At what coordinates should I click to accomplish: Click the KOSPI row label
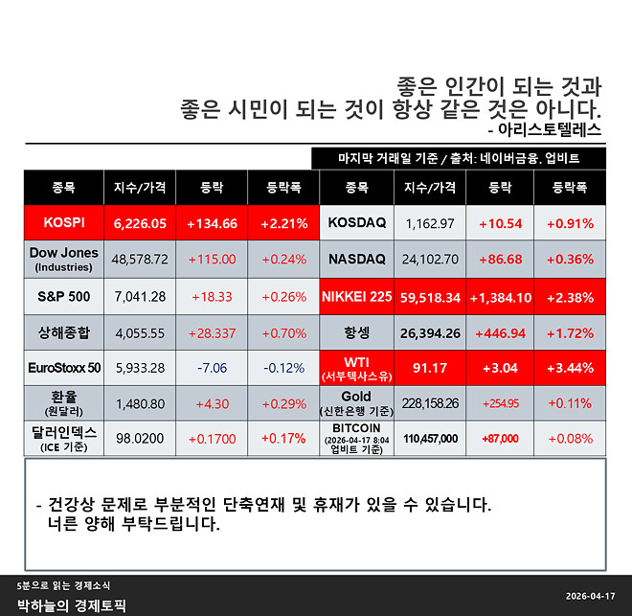64,222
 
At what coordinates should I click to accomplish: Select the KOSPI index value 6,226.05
140,222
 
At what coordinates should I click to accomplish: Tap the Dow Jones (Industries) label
64,259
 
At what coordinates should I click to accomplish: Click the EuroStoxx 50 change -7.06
212,368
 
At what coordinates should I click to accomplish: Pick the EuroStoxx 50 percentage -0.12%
283,368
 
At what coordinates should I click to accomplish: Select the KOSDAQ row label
356,222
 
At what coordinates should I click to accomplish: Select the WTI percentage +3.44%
570,368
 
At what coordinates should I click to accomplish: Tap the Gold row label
356,401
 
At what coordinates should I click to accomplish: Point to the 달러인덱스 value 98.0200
140,438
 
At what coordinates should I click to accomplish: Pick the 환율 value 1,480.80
140,403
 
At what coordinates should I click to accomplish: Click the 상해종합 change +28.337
212,331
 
